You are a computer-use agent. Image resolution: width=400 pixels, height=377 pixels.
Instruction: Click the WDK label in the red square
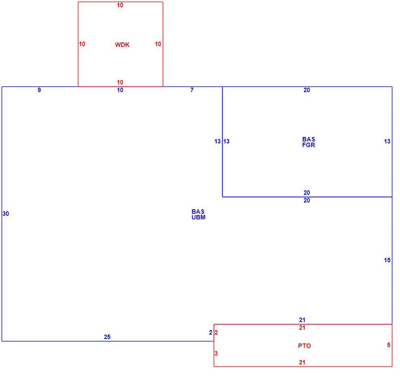(122, 44)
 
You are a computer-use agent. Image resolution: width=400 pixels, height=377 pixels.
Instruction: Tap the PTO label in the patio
(304, 345)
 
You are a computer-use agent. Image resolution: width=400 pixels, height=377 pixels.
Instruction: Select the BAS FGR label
(308, 142)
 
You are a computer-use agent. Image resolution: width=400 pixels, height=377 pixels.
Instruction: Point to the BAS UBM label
(198, 214)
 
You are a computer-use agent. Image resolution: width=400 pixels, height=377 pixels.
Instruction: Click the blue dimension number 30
(6, 213)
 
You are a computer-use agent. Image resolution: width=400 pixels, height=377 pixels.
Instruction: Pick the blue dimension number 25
(107, 337)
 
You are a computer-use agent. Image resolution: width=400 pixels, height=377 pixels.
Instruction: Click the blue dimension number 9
(39, 90)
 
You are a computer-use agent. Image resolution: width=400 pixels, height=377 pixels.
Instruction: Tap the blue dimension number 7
(192, 90)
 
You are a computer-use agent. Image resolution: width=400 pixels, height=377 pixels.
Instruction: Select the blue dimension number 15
(387, 260)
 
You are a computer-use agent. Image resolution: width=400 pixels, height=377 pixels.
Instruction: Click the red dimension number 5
(389, 345)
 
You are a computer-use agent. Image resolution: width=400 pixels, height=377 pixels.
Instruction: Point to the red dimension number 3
(216, 353)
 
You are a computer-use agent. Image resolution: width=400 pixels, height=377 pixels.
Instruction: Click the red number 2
(216, 333)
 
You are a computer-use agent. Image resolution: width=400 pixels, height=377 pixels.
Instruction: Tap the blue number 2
(211, 333)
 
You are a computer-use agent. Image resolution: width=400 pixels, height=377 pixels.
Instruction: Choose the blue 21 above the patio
(302, 320)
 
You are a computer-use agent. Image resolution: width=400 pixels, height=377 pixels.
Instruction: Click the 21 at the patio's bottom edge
(302, 362)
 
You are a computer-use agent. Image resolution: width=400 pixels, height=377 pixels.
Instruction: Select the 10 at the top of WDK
(120, 5)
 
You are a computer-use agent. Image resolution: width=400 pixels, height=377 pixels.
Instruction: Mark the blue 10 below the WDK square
(120, 90)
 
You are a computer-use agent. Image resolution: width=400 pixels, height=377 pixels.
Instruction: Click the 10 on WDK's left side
(82, 44)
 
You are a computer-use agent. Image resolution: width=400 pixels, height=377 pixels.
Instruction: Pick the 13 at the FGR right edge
(387, 141)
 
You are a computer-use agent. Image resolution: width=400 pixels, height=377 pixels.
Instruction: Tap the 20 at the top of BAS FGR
(307, 90)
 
